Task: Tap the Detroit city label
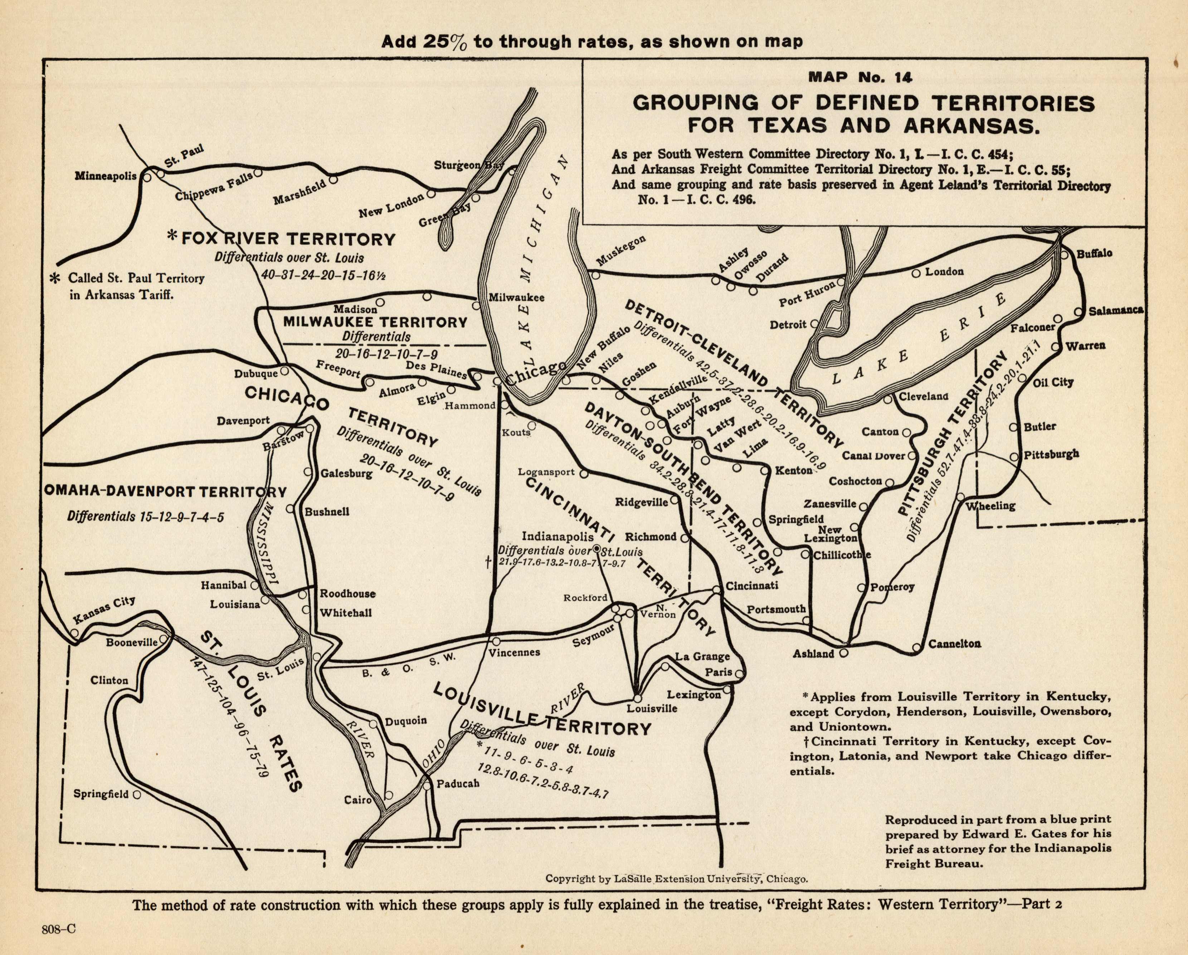[x=788, y=324]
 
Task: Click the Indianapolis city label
[x=557, y=536]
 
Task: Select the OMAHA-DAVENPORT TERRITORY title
[x=165, y=492]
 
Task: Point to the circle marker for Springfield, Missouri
[x=137, y=795]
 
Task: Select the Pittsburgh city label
[x=1051, y=454]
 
